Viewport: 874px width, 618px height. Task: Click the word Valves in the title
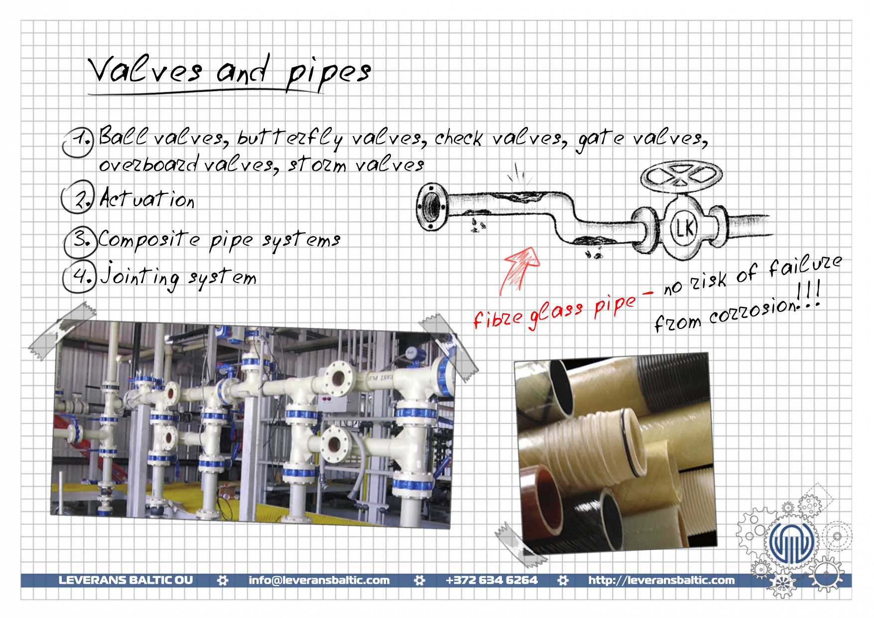point(145,70)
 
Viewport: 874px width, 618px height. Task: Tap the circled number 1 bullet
point(78,142)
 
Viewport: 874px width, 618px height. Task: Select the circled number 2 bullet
point(78,197)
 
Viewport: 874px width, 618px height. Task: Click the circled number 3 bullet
point(80,241)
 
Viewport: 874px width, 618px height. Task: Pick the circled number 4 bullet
point(79,277)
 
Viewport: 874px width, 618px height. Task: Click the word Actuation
point(147,198)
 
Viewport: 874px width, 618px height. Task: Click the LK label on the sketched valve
point(684,228)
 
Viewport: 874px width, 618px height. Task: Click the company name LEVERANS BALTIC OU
point(125,580)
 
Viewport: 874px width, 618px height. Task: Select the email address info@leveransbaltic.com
point(319,580)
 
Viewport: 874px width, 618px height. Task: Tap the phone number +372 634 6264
point(492,580)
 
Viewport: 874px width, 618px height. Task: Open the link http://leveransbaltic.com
point(661,580)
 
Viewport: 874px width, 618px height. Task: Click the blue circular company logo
point(791,542)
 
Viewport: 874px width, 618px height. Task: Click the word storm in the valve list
point(317,165)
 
